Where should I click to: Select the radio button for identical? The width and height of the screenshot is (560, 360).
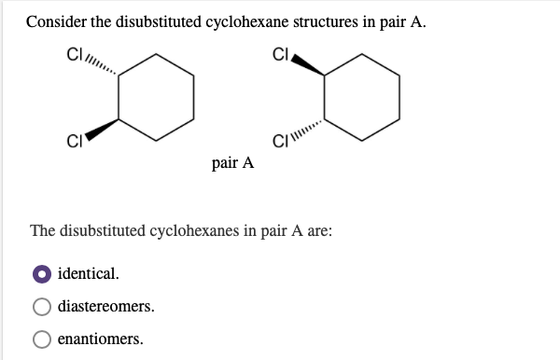pos(41,275)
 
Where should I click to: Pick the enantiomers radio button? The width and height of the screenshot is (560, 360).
pos(41,339)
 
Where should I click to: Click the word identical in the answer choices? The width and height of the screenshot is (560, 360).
pos(89,275)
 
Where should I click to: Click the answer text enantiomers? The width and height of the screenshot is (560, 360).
pos(101,339)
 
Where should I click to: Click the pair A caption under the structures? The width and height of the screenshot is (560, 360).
pos(233,162)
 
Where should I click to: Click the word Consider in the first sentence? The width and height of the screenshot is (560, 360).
pos(57,22)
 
